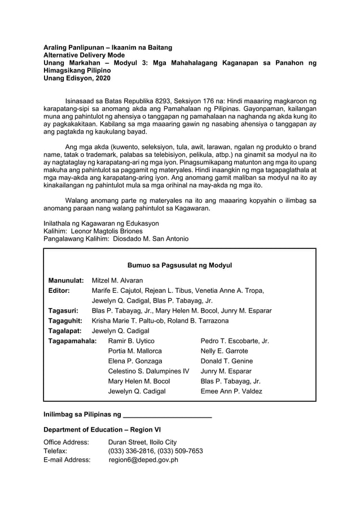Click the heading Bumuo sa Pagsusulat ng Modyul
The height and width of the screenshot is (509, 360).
179,265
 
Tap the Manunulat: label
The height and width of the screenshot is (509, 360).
66,280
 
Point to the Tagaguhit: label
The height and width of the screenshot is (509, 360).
65,321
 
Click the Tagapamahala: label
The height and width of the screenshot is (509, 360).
72,341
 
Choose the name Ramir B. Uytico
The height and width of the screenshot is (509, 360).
131,341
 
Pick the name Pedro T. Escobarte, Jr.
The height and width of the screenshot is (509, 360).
234,341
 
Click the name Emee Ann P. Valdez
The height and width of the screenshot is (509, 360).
231,391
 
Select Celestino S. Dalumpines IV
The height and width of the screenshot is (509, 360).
148,371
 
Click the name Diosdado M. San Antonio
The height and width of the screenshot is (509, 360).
151,239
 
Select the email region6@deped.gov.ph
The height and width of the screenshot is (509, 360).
143,460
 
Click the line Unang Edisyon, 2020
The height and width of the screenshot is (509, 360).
77,79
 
